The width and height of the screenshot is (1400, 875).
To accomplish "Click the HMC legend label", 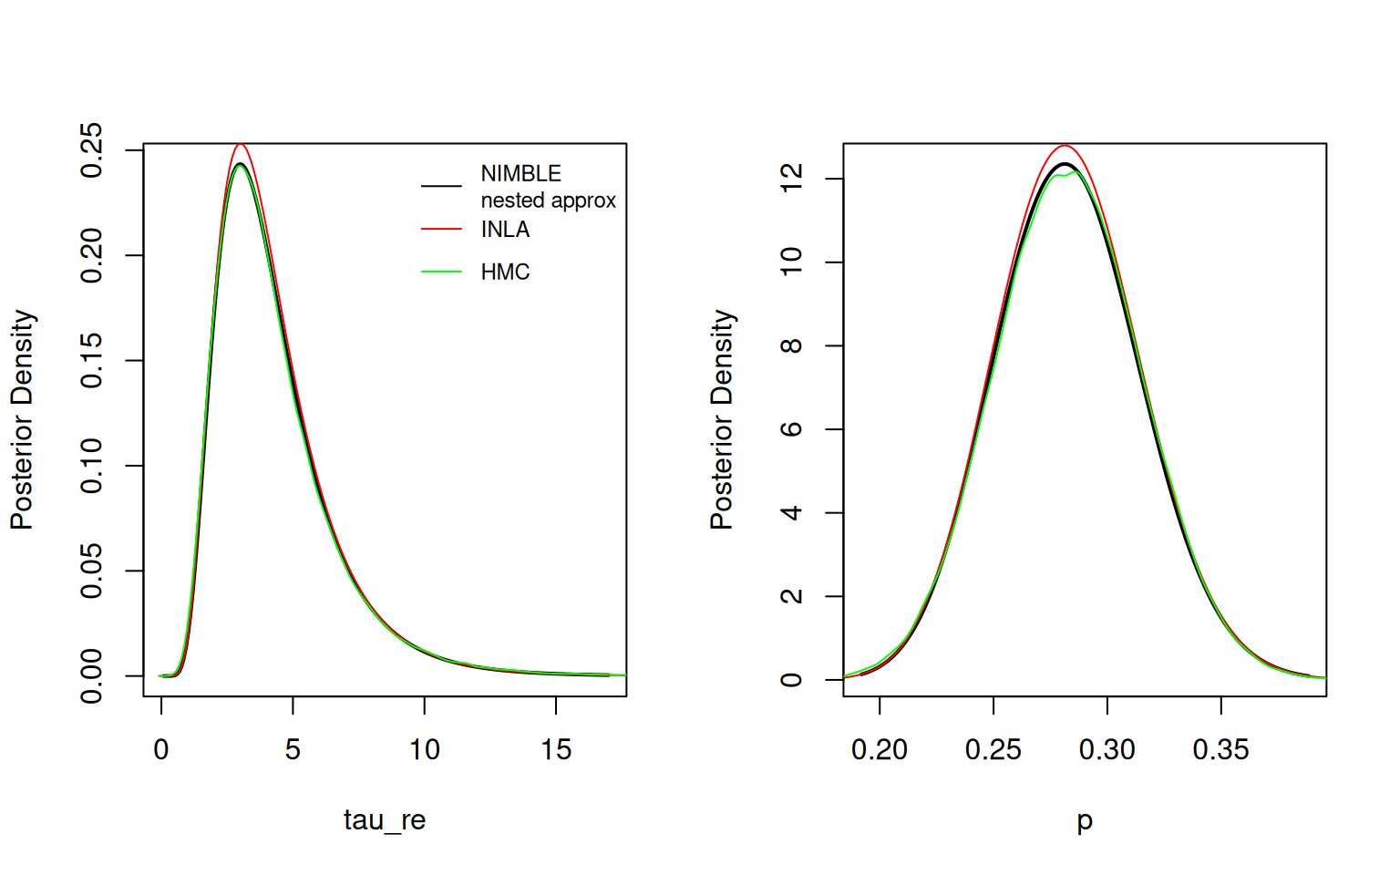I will [x=505, y=272].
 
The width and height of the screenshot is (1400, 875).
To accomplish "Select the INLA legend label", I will [x=505, y=229].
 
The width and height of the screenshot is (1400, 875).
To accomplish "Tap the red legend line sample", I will [x=441, y=229].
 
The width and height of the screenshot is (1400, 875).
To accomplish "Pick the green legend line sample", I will [x=441, y=272].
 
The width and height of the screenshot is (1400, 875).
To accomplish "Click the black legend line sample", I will [x=441, y=186].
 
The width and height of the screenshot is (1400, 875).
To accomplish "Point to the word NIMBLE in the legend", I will [x=520, y=173].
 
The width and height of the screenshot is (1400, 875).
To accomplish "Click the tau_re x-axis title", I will [x=385, y=819].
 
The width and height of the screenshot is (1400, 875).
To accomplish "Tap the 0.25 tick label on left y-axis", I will [x=92, y=149].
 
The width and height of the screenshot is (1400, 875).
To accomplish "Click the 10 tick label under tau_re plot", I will [x=424, y=749].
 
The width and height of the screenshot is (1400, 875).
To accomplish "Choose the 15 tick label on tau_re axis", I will [x=556, y=749].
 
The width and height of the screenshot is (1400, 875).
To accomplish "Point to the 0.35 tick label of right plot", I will [x=1220, y=749].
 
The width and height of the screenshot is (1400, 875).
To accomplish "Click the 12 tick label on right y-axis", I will [x=791, y=178].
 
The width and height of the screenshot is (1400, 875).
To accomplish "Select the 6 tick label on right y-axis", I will [x=791, y=429].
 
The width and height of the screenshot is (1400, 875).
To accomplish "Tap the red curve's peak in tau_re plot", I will [x=241, y=144].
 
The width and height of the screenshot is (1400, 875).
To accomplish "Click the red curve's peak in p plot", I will [x=1064, y=145].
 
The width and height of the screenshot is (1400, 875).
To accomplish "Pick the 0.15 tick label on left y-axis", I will [x=92, y=360].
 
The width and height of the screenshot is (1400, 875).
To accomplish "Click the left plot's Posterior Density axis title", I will [x=22, y=419].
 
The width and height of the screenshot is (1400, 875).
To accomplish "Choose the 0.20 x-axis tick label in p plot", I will [x=879, y=749].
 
